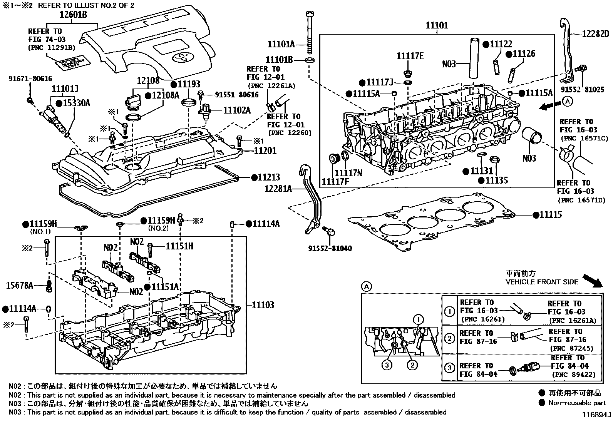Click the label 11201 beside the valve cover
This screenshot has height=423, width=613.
pyautogui.click(x=265, y=150)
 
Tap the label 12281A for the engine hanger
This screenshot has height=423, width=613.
pyautogui.click(x=278, y=189)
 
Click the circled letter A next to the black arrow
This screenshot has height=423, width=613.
pyautogui.click(x=567, y=101)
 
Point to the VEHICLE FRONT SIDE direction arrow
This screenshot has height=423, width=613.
pyautogui.click(x=593, y=281)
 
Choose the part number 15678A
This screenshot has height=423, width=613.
pyautogui.click(x=20, y=285)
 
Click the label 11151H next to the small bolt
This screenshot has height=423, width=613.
pyautogui.click(x=179, y=246)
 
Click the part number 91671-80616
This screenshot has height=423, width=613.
pyautogui.click(x=30, y=79)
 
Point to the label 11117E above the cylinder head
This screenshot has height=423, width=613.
pyautogui.click(x=410, y=57)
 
